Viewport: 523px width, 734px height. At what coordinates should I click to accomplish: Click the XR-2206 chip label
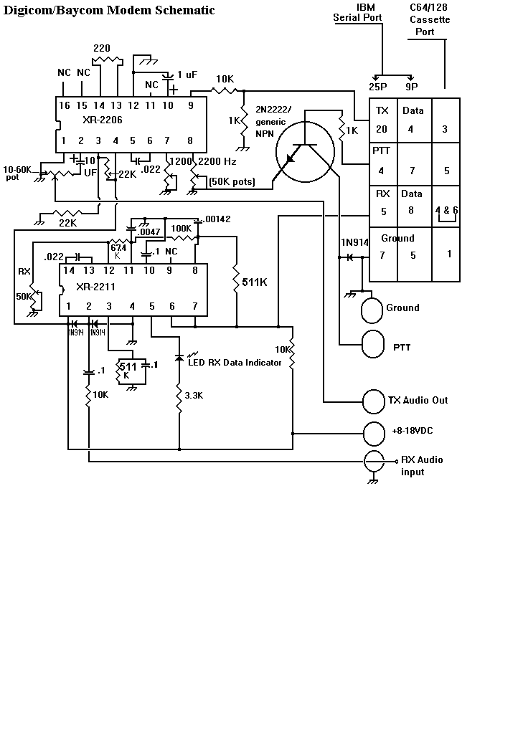(x=102, y=120)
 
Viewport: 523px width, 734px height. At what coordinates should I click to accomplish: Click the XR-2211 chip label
(x=95, y=287)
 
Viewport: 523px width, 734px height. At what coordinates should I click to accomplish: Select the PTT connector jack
(x=374, y=344)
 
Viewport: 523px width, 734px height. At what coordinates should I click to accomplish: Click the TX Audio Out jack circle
(x=374, y=401)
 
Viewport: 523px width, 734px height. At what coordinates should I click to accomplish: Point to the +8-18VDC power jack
(x=374, y=434)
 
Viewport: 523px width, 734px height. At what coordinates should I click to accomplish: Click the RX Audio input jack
(x=374, y=462)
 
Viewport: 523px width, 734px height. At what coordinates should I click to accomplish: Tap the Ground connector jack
(x=372, y=310)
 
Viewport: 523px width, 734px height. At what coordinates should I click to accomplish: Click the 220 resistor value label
(x=102, y=48)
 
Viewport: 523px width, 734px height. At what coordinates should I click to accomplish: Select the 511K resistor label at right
(x=255, y=282)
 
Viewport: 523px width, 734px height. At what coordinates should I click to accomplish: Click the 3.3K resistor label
(x=194, y=396)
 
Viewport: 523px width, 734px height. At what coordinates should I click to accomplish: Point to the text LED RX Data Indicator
(x=235, y=362)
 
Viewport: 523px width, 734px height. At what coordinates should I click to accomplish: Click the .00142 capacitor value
(x=218, y=219)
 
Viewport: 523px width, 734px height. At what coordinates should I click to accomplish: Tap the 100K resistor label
(x=182, y=229)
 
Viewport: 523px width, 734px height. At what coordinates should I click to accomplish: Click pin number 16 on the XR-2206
(x=64, y=106)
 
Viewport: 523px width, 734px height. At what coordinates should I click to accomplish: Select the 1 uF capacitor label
(x=187, y=75)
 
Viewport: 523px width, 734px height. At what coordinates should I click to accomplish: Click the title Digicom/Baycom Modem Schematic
(x=109, y=10)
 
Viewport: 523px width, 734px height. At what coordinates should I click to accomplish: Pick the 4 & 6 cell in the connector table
(x=447, y=210)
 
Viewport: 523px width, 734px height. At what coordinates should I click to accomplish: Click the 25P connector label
(x=377, y=87)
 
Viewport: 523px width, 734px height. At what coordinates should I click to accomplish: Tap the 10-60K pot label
(x=17, y=173)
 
